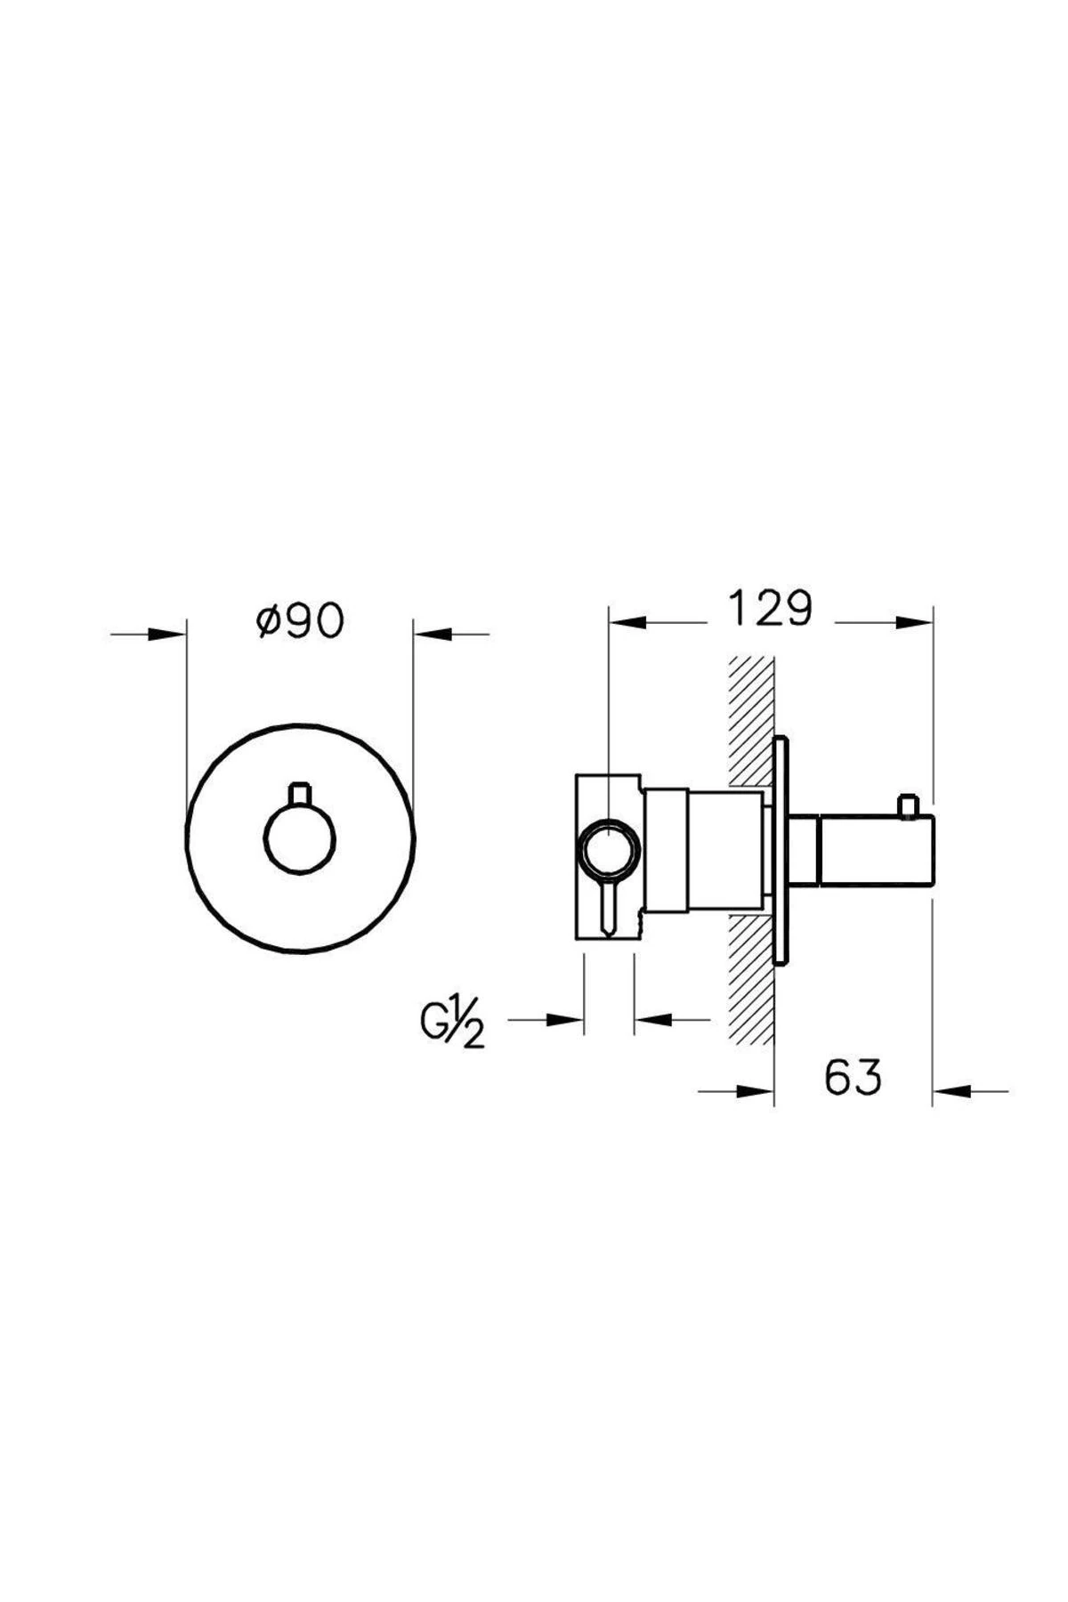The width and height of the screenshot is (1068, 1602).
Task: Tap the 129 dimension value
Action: click(x=771, y=609)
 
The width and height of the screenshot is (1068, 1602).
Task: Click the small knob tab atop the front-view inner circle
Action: click(x=300, y=794)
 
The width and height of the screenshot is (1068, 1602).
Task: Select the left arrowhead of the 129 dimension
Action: click(x=627, y=620)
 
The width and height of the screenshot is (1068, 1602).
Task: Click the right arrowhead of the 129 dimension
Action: click(x=913, y=620)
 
